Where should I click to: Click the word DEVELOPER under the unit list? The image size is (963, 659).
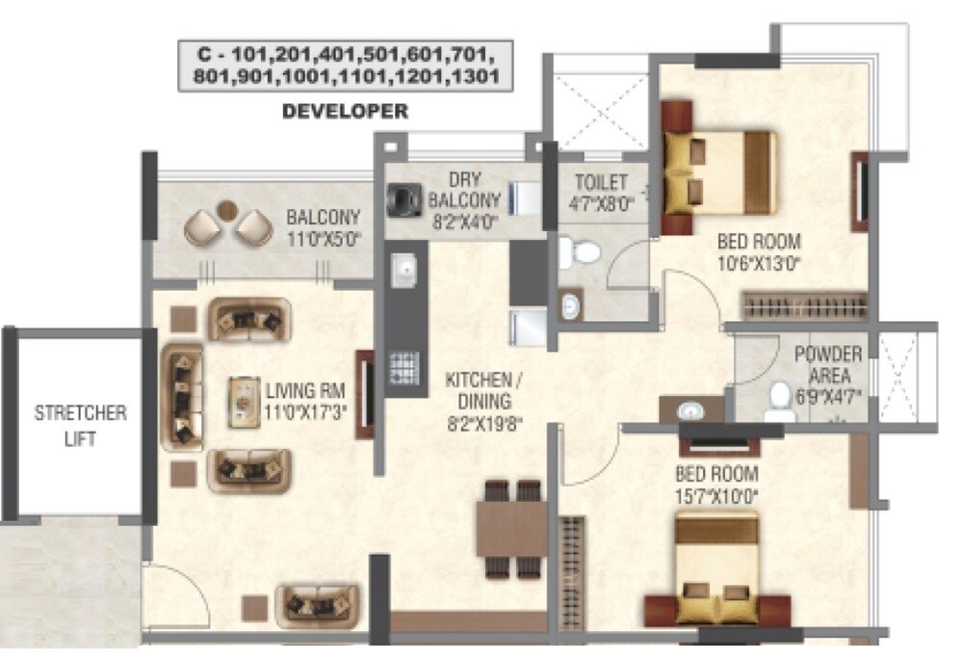pyautogui.click(x=345, y=112)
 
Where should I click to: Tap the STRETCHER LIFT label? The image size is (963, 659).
pyautogui.click(x=80, y=425)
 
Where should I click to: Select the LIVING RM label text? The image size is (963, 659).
pyautogui.click(x=305, y=390)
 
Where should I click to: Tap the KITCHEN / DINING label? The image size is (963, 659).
pyautogui.click(x=478, y=391)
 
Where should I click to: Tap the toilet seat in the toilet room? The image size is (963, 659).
pyautogui.click(x=582, y=252)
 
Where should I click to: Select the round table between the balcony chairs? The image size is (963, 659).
pyautogui.click(x=227, y=208)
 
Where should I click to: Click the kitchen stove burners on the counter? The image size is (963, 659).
pyautogui.click(x=403, y=367)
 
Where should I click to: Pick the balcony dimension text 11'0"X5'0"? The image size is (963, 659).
pyautogui.click(x=323, y=237)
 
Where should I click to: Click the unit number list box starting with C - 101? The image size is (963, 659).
pyautogui.click(x=345, y=66)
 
